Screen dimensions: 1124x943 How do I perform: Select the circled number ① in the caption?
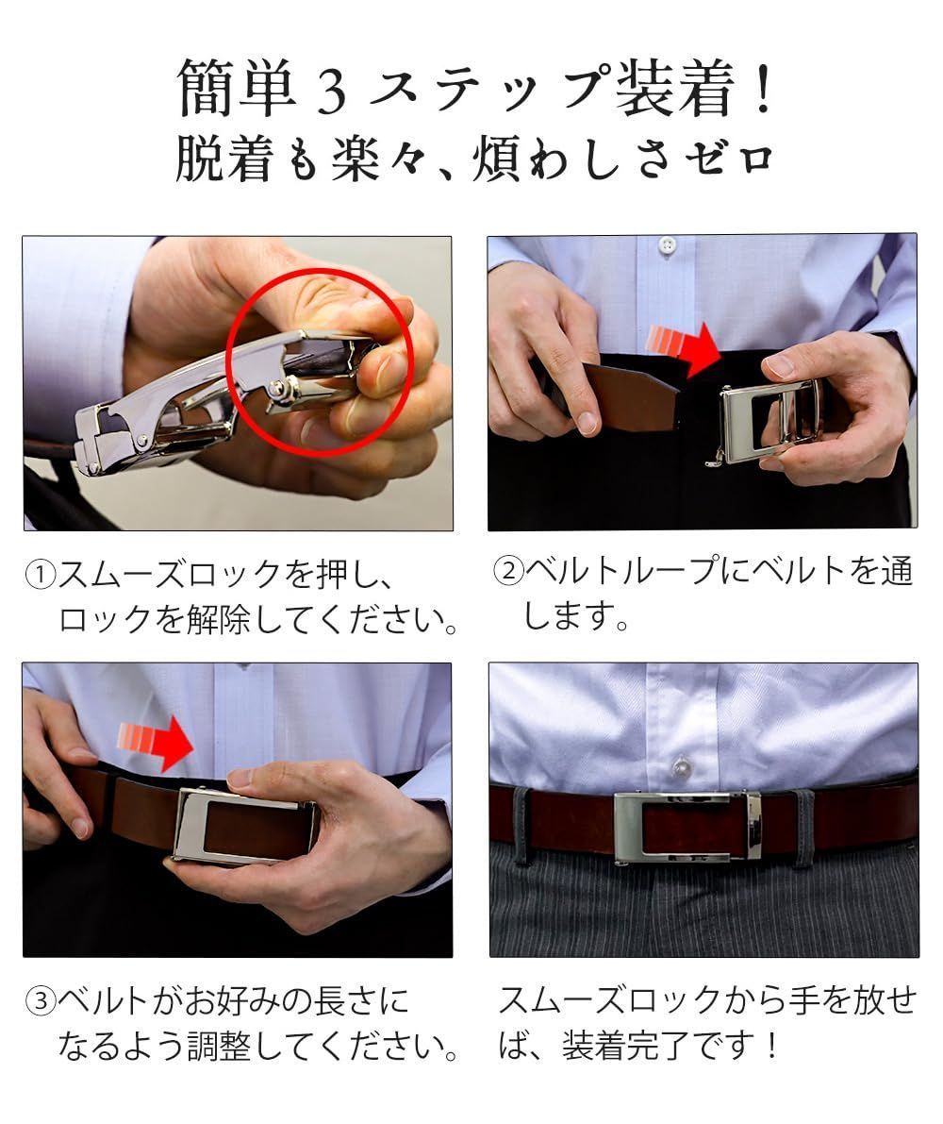41,574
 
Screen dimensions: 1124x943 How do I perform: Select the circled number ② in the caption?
509,572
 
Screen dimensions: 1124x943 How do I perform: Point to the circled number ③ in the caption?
41,1000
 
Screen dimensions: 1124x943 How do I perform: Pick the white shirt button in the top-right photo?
668,245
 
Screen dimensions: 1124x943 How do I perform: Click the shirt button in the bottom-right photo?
682,766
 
